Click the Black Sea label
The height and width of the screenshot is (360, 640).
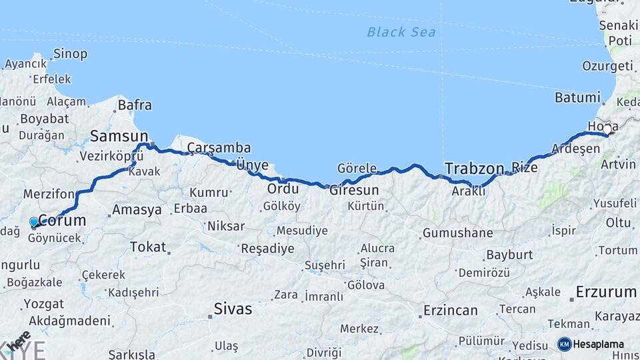(x=401, y=32)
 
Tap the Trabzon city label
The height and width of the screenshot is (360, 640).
(x=476, y=168)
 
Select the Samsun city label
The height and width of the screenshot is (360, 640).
(x=119, y=136)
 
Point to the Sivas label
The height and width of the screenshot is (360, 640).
(x=233, y=309)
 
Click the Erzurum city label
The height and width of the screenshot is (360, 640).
(x=606, y=291)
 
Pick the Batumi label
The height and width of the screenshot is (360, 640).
(x=577, y=97)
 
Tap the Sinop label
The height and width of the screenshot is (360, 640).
(x=70, y=54)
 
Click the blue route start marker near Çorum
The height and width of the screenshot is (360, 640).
(x=34, y=222)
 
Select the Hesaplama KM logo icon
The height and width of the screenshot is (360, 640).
(x=565, y=344)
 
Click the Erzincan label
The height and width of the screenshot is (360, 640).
(x=451, y=310)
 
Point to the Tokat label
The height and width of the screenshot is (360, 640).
(x=147, y=247)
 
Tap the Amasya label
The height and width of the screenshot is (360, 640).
(x=137, y=209)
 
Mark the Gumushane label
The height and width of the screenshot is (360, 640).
(x=457, y=233)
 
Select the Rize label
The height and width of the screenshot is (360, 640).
(x=524, y=168)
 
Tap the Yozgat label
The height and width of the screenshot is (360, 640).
(x=43, y=303)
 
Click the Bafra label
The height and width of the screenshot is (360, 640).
(x=135, y=105)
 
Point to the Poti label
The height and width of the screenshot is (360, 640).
(x=620, y=41)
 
